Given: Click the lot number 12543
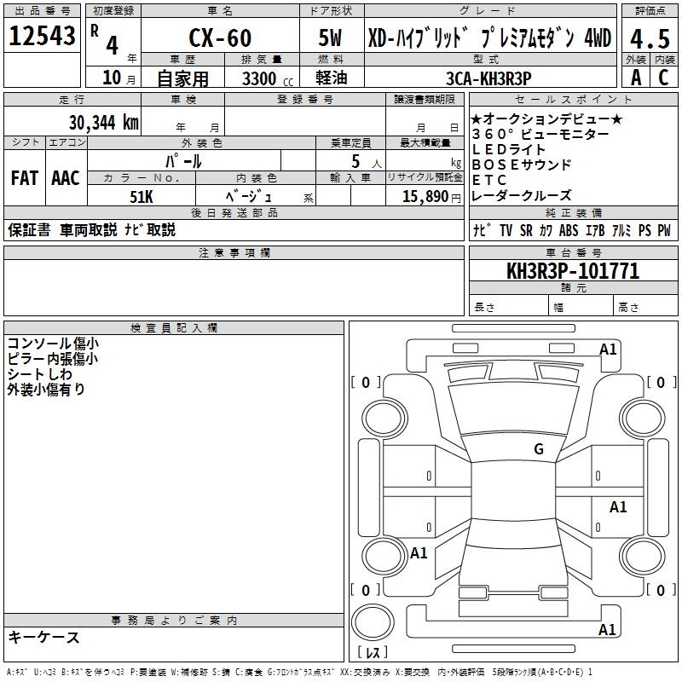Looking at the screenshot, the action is tap(42, 36).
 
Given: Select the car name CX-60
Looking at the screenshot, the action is tap(220, 38).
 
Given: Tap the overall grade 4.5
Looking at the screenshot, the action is tap(650, 38).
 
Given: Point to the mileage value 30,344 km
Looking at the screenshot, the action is tap(103, 123).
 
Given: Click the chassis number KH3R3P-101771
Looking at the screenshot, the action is tap(573, 271).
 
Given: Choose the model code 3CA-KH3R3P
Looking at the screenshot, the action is tap(488, 78).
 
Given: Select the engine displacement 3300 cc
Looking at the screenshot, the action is tap(268, 78).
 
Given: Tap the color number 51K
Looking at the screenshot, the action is tap(142, 197).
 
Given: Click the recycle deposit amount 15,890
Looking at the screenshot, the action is tap(425, 196).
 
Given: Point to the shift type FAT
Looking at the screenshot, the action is tap(25, 178).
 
